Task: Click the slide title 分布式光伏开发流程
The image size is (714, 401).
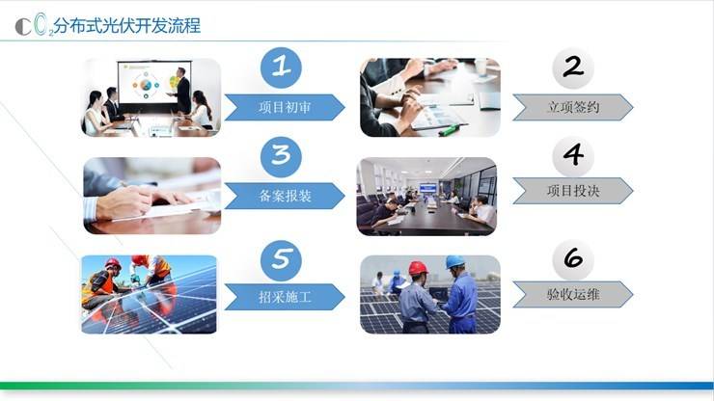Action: [127, 26]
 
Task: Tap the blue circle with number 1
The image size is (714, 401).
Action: [281, 67]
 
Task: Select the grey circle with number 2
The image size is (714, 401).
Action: [573, 67]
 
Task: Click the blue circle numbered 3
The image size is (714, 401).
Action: [281, 156]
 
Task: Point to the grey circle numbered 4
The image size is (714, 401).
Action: [573, 156]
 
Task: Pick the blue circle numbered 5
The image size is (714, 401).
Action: [281, 260]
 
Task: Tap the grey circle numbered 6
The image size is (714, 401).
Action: [573, 260]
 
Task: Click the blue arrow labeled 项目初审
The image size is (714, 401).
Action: [285, 107]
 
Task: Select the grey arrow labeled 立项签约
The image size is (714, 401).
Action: [573, 107]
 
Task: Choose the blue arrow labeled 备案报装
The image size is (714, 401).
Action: [285, 196]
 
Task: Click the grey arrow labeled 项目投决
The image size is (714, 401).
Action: [573, 191]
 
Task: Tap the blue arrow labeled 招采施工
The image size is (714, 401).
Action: [285, 297]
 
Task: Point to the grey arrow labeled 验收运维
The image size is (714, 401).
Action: [573, 294]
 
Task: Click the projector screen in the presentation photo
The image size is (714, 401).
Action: [153, 84]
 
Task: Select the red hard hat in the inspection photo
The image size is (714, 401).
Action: [418, 268]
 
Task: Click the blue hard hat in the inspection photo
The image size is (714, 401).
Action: [454, 262]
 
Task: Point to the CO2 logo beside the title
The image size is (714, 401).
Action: [34, 25]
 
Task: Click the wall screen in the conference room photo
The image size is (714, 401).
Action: [427, 188]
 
